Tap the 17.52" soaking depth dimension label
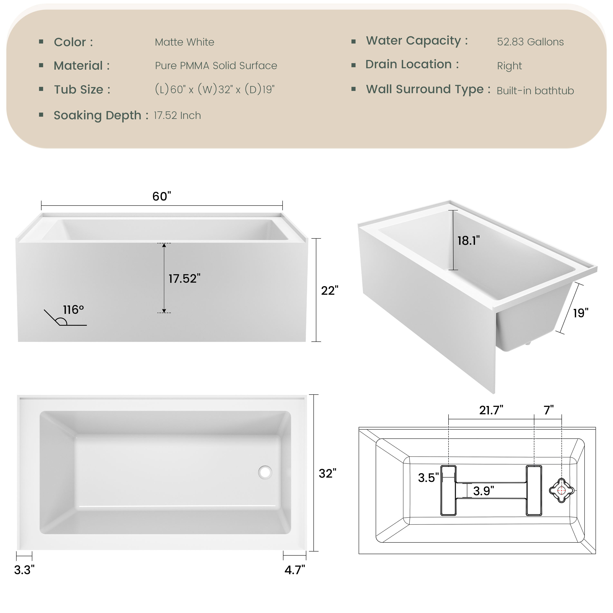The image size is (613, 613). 184,279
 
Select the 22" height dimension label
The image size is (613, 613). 330,291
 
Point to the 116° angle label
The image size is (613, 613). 73,310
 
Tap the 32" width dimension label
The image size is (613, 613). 327,473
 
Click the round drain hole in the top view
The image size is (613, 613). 265,472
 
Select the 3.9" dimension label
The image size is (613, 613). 483,491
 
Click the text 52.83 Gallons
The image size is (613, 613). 530,42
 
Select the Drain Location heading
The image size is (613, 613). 412,64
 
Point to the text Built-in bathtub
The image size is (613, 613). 535,91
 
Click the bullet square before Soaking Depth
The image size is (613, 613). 41,115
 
